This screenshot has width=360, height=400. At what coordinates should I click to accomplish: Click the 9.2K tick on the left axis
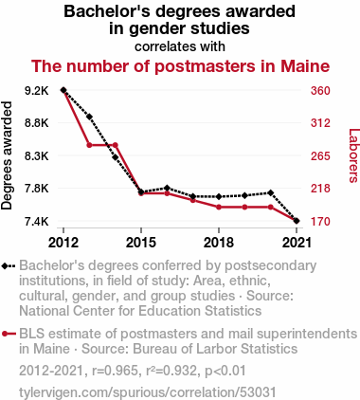click(x=37, y=91)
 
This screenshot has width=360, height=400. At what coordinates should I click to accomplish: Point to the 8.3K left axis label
click(x=37, y=156)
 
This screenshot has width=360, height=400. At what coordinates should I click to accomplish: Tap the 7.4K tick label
click(x=37, y=222)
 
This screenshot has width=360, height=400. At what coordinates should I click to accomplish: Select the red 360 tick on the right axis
click(x=320, y=91)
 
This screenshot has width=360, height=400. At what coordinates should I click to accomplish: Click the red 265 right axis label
click(x=320, y=156)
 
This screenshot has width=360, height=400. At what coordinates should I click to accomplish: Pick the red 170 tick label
click(x=320, y=222)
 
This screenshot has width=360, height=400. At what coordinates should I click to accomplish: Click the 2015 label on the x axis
click(x=141, y=243)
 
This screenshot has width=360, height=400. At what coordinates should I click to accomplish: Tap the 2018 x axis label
click(x=219, y=243)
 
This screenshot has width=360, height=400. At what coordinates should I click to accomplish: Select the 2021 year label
click(x=297, y=243)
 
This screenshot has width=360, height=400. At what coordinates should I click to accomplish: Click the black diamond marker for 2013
click(x=89, y=117)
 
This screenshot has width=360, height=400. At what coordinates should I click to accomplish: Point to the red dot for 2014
click(x=116, y=145)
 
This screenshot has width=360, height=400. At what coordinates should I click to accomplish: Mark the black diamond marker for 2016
click(x=167, y=188)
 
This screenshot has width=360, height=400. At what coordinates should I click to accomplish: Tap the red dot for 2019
click(x=244, y=207)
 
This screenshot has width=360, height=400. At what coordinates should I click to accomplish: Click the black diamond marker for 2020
click(x=271, y=192)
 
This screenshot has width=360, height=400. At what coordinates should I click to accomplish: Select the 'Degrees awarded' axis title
click(x=7, y=155)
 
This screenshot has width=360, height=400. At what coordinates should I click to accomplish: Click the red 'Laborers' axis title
click(x=353, y=155)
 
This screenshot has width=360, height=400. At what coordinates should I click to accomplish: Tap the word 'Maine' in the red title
click(x=305, y=66)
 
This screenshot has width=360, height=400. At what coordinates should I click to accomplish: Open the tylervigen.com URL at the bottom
click(x=148, y=392)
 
